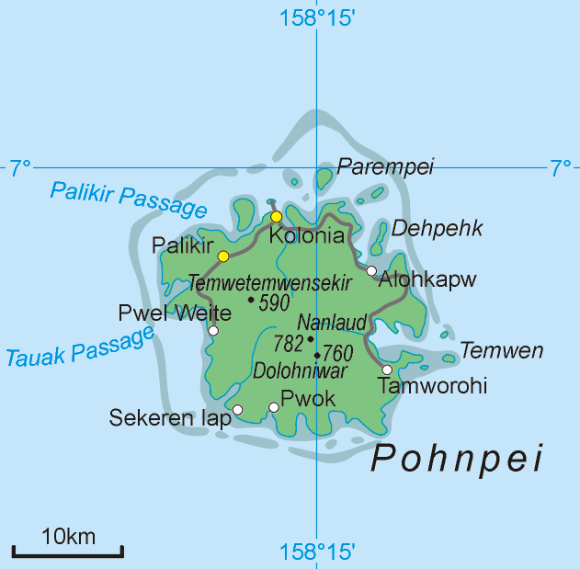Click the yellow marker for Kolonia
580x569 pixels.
pyautogui.click(x=276, y=217)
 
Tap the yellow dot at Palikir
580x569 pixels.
pyautogui.click(x=222, y=256)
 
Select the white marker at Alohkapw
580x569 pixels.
pyautogui.click(x=371, y=270)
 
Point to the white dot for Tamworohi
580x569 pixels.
pyautogui.click(x=387, y=370)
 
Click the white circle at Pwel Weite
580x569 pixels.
pyautogui.click(x=213, y=330)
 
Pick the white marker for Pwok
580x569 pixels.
pyautogui.click(x=273, y=407)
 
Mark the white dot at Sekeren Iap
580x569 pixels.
pyautogui.click(x=237, y=410)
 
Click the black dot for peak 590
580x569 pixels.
pyautogui.click(x=251, y=299)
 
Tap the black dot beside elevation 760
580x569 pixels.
pyautogui.click(x=317, y=355)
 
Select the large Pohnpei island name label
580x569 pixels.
pyautogui.click(x=457, y=459)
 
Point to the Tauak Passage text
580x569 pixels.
pyautogui.click(x=79, y=347)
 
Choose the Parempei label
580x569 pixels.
pyautogui.click(x=385, y=166)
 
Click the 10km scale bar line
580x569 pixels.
pyautogui.click(x=68, y=553)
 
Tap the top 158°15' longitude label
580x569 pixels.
pyautogui.click(x=317, y=17)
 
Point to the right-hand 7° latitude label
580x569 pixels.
pyautogui.click(x=560, y=167)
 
